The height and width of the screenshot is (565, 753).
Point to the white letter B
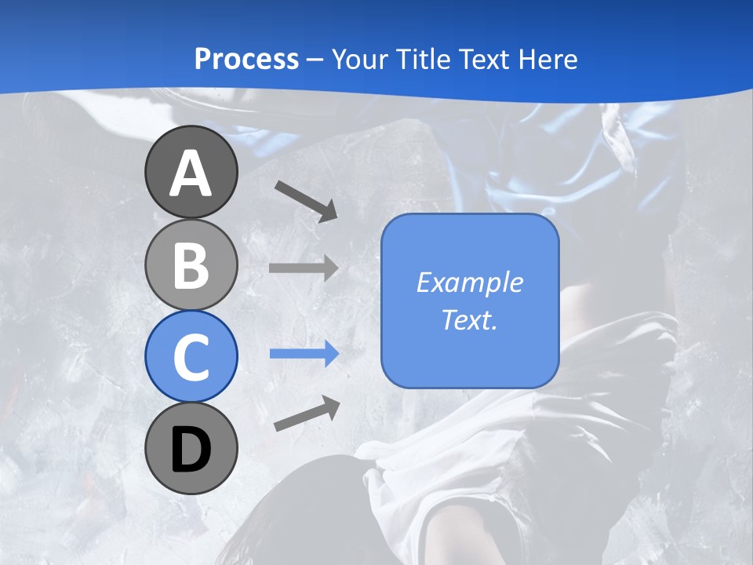pyautogui.click(x=191, y=265)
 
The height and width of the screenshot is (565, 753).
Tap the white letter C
pyautogui.click(x=191, y=357)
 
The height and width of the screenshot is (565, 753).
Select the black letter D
pyautogui.click(x=191, y=450)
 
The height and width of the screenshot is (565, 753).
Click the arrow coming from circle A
pyautogui.click(x=306, y=200)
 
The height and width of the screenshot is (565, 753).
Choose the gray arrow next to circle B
pyautogui.click(x=304, y=268)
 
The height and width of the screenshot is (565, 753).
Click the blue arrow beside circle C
pyautogui.click(x=304, y=354)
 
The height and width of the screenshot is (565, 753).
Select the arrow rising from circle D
pyautogui.click(x=307, y=414)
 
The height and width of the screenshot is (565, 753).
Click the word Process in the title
pyautogui.click(x=246, y=60)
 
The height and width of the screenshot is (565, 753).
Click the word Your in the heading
pyautogui.click(x=360, y=60)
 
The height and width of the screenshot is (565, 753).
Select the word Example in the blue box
pyautogui.click(x=469, y=282)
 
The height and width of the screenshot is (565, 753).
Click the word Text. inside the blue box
pyautogui.click(x=469, y=319)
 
